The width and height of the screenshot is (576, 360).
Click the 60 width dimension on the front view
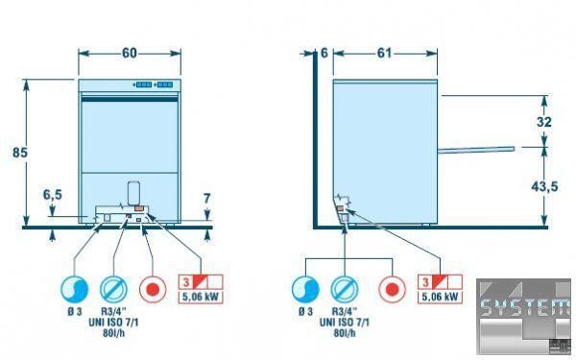click(x=130, y=53)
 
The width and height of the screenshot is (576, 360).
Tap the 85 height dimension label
click(x=20, y=153)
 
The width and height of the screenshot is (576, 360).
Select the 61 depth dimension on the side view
click(x=384, y=53)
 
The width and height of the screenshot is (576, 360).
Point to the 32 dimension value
click(x=543, y=122)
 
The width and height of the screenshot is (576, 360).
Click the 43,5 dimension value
click(x=544, y=186)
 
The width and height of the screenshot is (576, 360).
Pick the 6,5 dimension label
click(x=53, y=195)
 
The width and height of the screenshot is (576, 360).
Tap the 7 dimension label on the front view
click(x=206, y=199)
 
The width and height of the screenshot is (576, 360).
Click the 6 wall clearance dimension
click(x=324, y=53)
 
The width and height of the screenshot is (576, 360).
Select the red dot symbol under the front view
click(x=153, y=290)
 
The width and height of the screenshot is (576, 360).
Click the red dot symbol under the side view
click(x=393, y=290)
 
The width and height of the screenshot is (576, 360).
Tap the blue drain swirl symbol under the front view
click(x=75, y=290)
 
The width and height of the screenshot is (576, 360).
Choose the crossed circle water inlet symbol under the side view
click(x=345, y=290)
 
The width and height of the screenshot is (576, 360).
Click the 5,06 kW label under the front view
click(x=201, y=297)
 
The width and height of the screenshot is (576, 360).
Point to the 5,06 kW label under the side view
click(x=440, y=297)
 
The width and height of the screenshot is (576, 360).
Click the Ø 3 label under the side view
click(x=305, y=312)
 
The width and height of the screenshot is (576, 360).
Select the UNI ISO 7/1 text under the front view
click(x=113, y=323)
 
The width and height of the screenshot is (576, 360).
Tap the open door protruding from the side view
click(x=476, y=149)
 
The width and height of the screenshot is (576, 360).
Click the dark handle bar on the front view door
click(x=130, y=99)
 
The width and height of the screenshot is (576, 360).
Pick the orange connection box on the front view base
click(x=139, y=208)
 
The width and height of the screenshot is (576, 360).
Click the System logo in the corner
click(x=524, y=317)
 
